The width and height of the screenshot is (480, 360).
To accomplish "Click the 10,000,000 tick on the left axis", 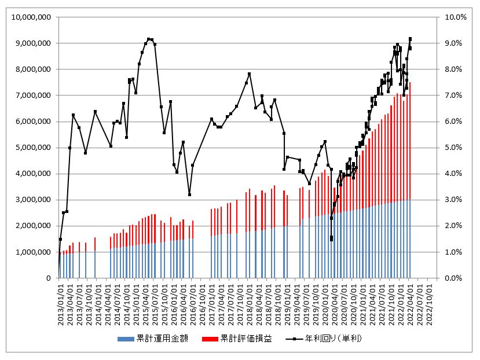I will pos(34,17).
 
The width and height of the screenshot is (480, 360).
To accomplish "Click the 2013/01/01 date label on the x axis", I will pos(61,303).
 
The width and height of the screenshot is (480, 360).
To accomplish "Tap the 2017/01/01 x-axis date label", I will pos(212,303).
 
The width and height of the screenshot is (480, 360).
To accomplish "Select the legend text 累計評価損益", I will pos(247,338).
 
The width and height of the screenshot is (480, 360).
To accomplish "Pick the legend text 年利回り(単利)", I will pos(335,338).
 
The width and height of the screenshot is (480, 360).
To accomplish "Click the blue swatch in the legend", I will pos(124,338).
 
